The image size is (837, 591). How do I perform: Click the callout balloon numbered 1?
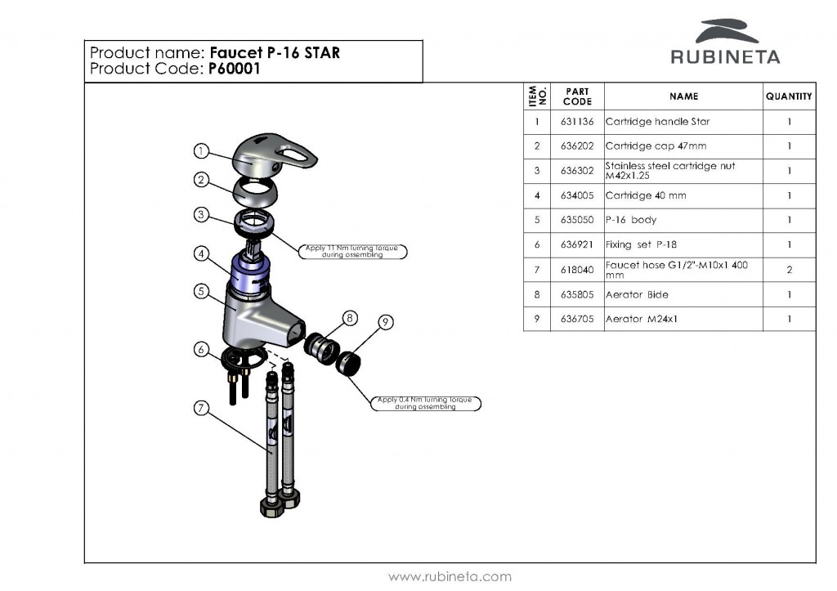pos(202,150)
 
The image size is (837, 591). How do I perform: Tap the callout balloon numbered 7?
pos(202,409)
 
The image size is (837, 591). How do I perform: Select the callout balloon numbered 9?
pos(385,323)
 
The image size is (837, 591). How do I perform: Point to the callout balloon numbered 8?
pos(350,317)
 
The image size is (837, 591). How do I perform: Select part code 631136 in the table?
pos(577,122)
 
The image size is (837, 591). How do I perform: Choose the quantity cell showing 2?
pos(789,269)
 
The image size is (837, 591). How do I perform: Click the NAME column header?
pos(683,96)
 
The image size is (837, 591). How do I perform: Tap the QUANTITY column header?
pos(789,96)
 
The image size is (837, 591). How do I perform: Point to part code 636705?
pos(577,319)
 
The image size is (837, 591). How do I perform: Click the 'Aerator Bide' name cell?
pos(637,294)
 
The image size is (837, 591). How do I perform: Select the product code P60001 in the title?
pos(233,69)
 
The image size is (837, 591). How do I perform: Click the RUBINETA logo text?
pos(725,57)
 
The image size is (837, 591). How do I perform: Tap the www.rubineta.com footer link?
pos(450,576)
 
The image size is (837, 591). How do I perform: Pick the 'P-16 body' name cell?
pos(631,220)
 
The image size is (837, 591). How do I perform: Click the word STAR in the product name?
pos(322,53)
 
